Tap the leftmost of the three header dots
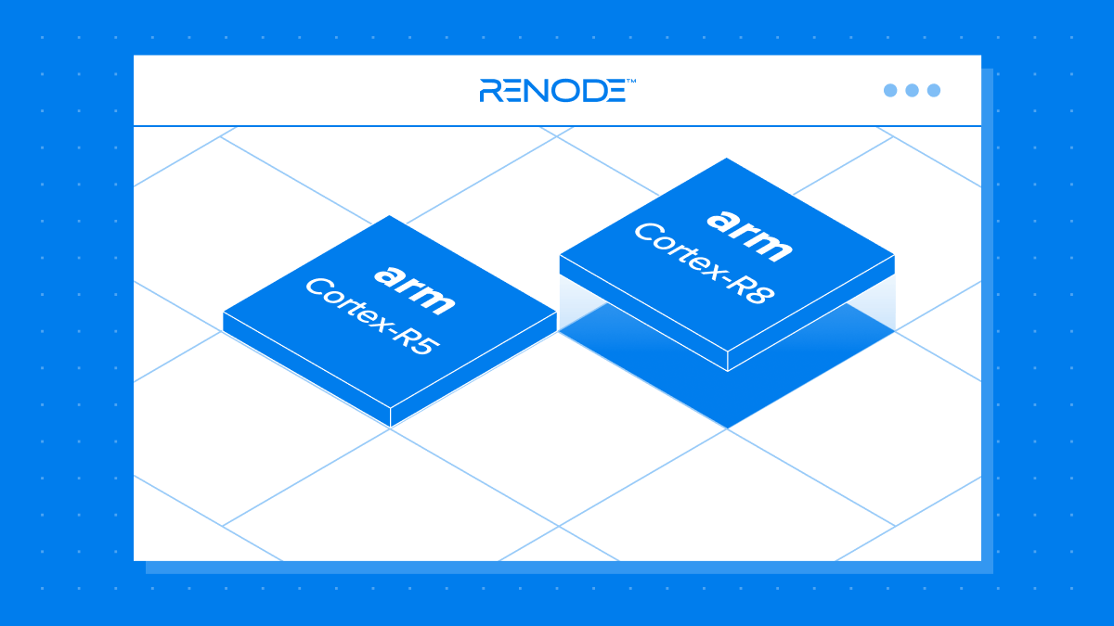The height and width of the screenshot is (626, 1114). (x=890, y=90)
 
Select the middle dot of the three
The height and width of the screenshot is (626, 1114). (x=912, y=90)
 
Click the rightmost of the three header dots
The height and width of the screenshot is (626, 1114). (x=934, y=90)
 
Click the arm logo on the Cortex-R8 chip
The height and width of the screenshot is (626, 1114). (x=749, y=235)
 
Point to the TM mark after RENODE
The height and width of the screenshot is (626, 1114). (x=630, y=82)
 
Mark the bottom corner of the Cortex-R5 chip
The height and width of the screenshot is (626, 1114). (x=391, y=426)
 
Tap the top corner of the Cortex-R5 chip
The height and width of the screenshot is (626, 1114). (x=389, y=216)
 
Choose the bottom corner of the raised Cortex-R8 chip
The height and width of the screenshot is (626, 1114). (x=728, y=370)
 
